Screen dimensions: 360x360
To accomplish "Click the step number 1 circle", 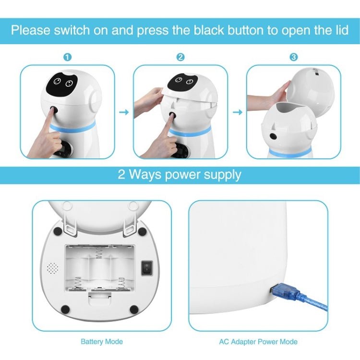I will (x=67, y=57).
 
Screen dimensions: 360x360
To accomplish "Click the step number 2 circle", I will (x=180, y=57).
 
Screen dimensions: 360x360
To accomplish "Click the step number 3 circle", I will (x=294, y=57).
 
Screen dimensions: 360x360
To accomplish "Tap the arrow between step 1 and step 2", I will (x=124, y=112).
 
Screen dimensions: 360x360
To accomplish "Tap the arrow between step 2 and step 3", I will (x=237, y=112).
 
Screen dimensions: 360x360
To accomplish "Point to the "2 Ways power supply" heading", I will (x=180, y=174).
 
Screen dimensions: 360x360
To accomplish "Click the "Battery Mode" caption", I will (x=101, y=342).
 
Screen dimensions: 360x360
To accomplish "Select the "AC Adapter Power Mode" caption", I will (x=258, y=342).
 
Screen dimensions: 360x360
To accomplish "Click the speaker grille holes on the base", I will (x=52, y=267).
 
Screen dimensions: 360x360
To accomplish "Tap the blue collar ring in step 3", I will (x=289, y=153).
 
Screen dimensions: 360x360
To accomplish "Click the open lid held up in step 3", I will (x=312, y=89).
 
